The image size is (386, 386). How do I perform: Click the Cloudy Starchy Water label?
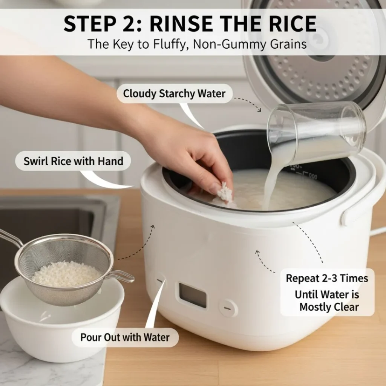click(174, 93)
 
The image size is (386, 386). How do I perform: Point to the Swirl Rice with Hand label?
click(74, 161)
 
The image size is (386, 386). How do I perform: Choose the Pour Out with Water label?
click(125, 337)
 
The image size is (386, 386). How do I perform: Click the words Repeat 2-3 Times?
click(327, 278)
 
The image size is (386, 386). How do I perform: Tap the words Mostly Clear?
click(329, 307)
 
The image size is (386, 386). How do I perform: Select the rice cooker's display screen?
click(193, 295)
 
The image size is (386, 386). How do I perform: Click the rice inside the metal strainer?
click(66, 274)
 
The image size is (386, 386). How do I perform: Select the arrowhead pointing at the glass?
click(259, 110)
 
